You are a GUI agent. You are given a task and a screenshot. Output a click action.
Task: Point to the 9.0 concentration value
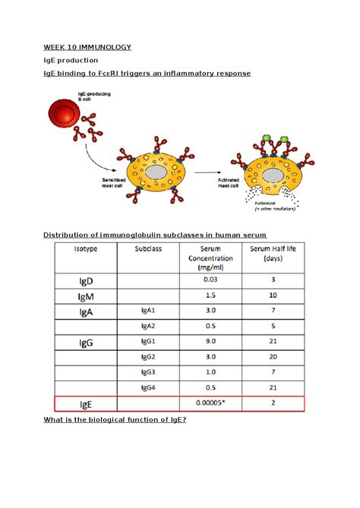(211, 342)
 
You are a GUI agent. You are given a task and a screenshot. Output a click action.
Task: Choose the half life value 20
(272, 357)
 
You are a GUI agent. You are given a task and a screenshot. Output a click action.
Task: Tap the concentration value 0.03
(211, 279)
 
